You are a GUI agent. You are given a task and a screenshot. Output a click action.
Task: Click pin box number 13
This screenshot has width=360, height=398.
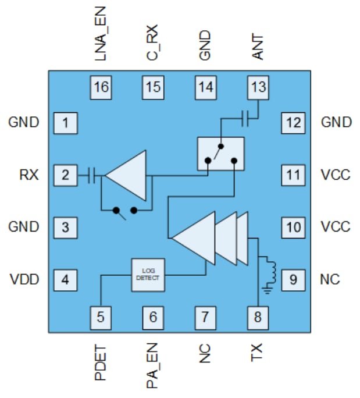point(258,87)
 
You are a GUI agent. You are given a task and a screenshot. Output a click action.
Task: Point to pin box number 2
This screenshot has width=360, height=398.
point(66,175)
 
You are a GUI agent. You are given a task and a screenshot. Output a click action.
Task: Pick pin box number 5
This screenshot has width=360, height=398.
point(101,317)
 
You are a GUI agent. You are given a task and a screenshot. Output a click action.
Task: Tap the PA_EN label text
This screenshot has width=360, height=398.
point(153,366)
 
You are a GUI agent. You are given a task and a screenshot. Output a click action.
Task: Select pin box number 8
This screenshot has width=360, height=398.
point(258,317)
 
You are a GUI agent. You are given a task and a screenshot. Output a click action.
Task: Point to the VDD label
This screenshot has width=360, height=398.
point(24,280)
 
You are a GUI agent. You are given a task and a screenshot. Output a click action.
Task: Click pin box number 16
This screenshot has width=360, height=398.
point(101,87)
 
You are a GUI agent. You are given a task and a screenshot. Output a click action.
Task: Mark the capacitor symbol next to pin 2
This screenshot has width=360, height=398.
point(92,175)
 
